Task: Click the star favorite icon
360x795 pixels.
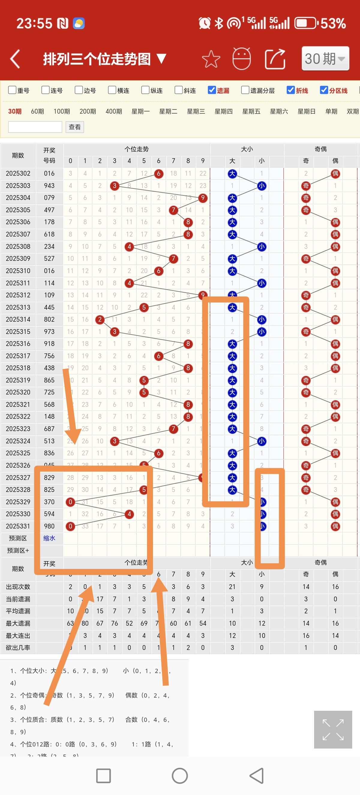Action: [211, 59]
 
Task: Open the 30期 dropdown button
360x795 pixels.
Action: [325, 59]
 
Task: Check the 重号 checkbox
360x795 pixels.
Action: [12, 90]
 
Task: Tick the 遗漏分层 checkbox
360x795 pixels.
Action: [245, 90]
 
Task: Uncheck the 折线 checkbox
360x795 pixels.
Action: [291, 90]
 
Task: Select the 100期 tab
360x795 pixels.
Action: [62, 112]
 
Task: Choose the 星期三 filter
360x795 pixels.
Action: [196, 112]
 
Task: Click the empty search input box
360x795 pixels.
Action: [35, 127]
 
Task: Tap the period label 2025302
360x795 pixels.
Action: [18, 174]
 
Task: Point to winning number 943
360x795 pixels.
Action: [49, 186]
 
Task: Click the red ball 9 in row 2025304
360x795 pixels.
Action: [202, 198]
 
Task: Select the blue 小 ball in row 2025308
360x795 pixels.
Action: [262, 247]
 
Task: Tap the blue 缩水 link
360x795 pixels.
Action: [49, 538]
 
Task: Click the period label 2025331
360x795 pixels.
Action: [18, 526]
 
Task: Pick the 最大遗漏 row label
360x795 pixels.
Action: [18, 624]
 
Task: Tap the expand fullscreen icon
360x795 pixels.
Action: [333, 730]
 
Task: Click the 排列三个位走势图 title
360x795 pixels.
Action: [97, 59]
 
